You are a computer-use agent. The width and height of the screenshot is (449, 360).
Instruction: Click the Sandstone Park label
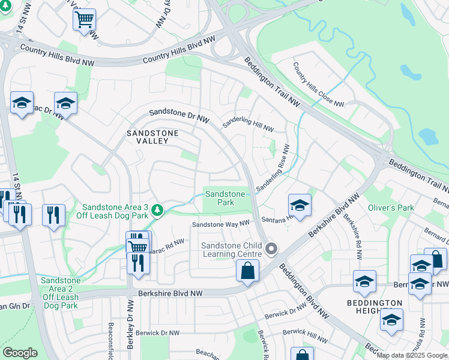[225, 199]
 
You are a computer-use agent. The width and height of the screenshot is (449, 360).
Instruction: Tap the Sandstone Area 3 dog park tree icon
[157, 211]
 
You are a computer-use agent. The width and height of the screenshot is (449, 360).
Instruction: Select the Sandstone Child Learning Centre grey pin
[271, 248]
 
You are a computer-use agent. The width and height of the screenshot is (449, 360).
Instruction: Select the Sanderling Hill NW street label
[248, 125]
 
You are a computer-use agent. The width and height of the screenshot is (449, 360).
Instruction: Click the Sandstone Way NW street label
[220, 224]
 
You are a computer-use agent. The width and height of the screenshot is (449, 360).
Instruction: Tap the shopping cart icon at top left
[85, 19]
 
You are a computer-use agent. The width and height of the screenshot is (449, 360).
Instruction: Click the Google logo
[20, 353]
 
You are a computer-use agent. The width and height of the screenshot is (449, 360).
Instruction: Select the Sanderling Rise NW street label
[274, 169]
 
